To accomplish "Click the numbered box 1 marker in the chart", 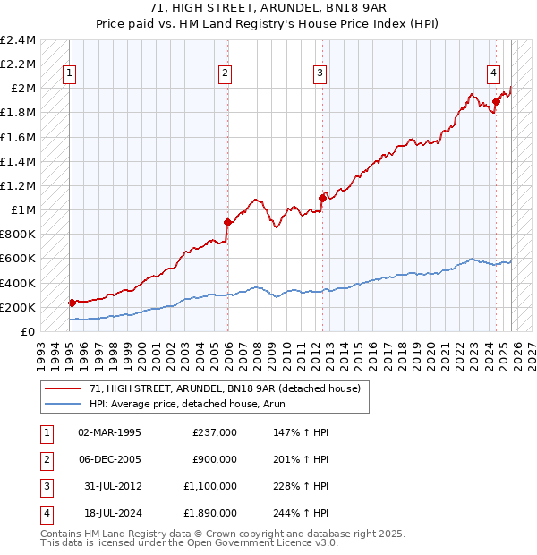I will [x=70, y=74].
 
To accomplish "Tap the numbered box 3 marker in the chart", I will [x=320, y=74].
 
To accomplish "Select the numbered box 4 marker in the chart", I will [x=493, y=74].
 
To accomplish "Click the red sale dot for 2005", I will [x=227, y=222].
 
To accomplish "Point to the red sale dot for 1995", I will [x=72, y=303].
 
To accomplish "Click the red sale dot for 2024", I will [x=496, y=102].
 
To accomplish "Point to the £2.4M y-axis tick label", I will [x=18, y=40].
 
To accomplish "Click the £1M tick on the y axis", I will [x=22, y=210].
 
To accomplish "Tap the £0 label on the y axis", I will [x=29, y=331].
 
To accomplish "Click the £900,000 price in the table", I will [x=215, y=459].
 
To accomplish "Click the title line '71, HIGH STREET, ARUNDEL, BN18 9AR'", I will [x=268, y=7].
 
